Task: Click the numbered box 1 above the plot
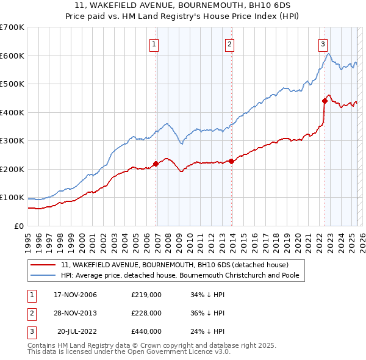[x=154, y=43]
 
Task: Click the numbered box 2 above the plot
[x=229, y=43]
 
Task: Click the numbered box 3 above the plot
[x=322, y=43]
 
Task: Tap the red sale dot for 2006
[x=156, y=164]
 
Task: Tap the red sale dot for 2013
[x=232, y=161]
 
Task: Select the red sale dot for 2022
[x=325, y=101]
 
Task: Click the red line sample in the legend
[x=43, y=265]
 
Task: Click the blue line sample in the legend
[x=43, y=275]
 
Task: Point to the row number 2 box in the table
[x=29, y=313]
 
